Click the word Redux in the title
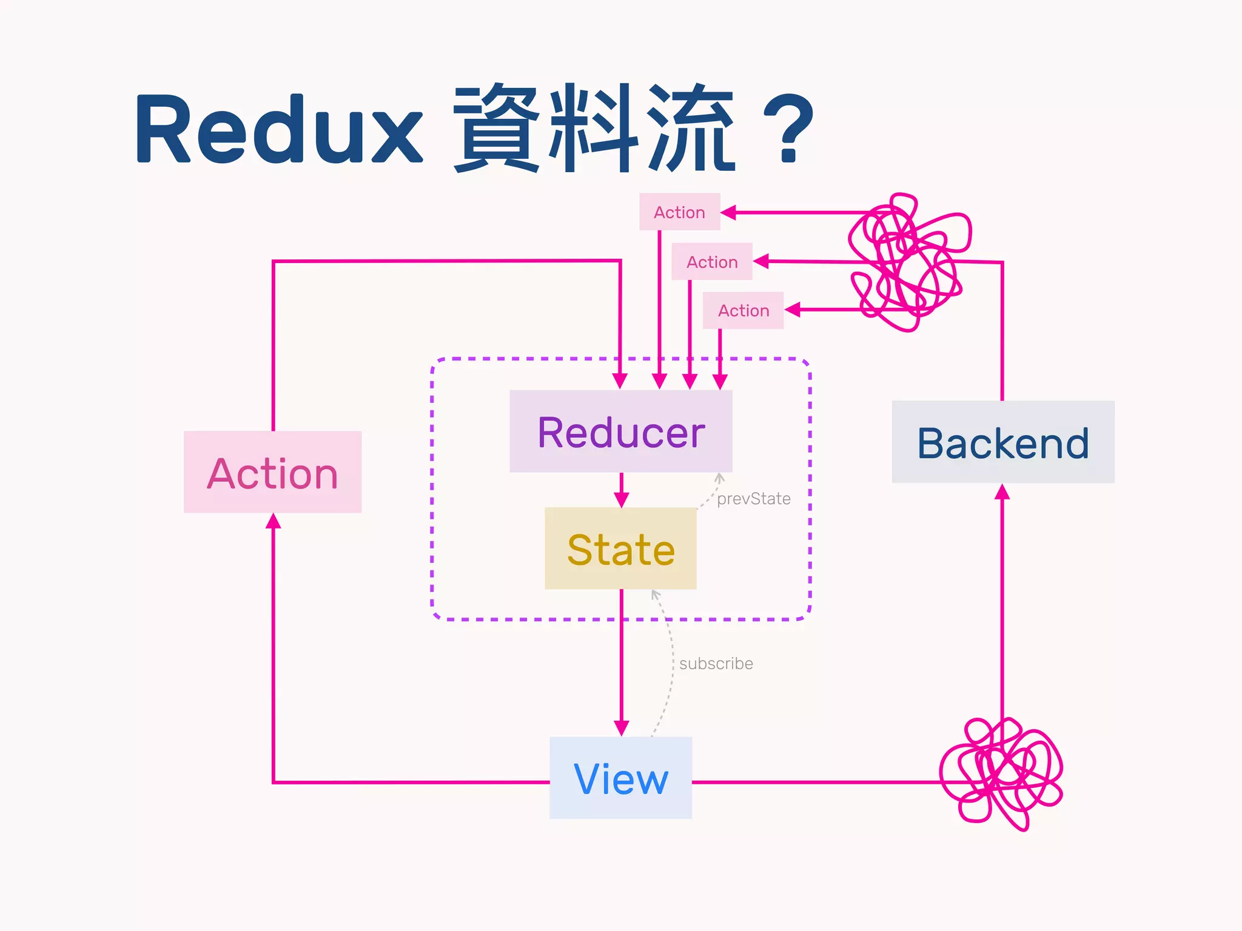pos(279,128)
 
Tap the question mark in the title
pos(788,128)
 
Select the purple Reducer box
pos(621,432)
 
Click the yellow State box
pos(621,549)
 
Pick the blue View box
pos(621,778)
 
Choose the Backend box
pos(1003,442)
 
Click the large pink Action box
pos(273,473)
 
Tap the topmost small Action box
pos(679,212)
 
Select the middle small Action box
pos(712,262)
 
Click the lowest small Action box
pos(744,310)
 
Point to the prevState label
pos(753,499)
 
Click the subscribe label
pos(716,664)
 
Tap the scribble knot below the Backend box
pos(1001,773)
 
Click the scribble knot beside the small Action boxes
pos(907,261)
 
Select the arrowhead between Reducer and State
pos(621,499)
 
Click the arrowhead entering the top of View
pos(621,727)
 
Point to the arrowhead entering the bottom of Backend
pos(1002,492)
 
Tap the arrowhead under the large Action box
pos(274,521)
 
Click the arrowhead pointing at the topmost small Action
pos(728,213)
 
